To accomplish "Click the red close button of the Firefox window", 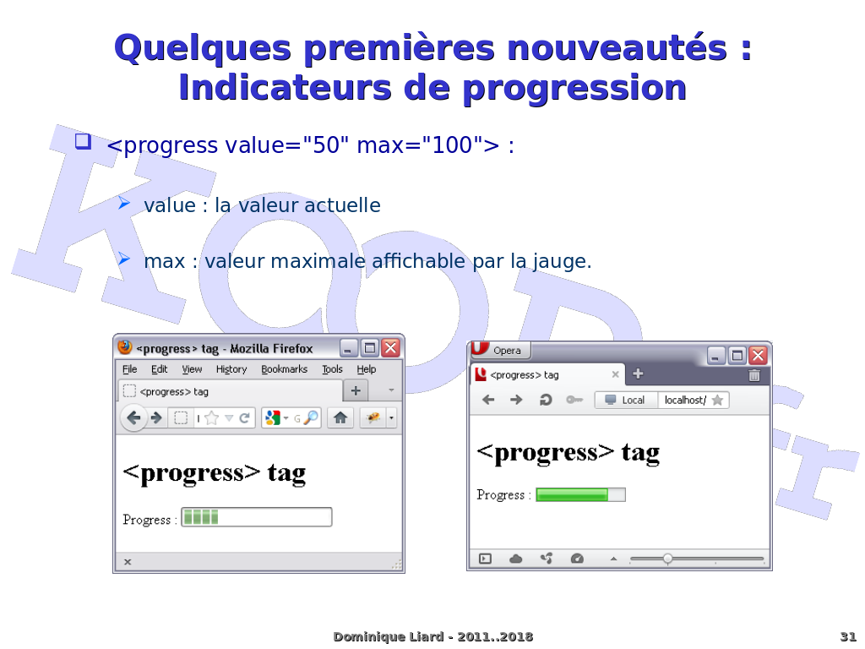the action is click(x=390, y=347).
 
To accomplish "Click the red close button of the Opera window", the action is click(x=758, y=356).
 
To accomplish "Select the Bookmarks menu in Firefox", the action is click(x=284, y=369).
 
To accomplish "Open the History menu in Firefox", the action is click(x=231, y=370).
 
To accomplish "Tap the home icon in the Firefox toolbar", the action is click(x=340, y=417).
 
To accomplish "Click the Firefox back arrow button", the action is click(x=133, y=417).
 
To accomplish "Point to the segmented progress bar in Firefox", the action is click(x=257, y=517).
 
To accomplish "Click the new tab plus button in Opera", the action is click(x=638, y=374).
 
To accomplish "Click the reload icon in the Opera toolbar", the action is click(x=546, y=400).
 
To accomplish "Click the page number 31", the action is click(x=848, y=637).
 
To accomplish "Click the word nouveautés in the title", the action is click(x=616, y=48).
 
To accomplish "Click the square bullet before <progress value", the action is click(x=84, y=141).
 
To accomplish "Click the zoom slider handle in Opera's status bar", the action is click(x=667, y=559).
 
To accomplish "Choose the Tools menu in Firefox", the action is click(x=332, y=369).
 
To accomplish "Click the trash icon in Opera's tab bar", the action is click(x=754, y=375).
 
